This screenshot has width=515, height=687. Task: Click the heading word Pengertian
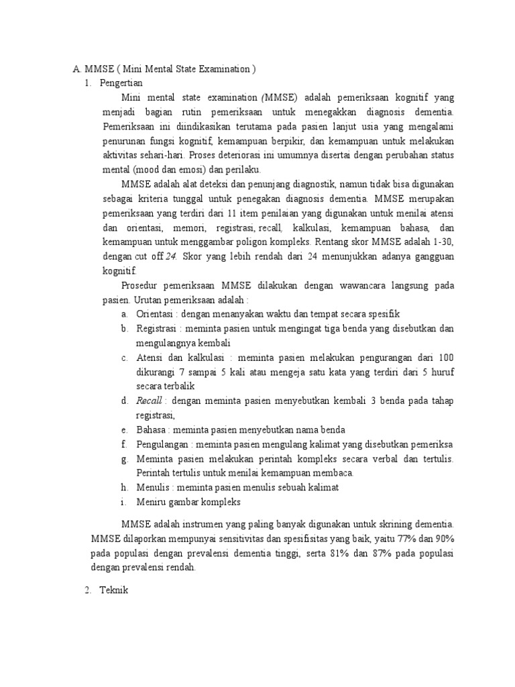pyautogui.click(x=121, y=83)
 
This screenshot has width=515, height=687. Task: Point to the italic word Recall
pyautogui.click(x=150, y=401)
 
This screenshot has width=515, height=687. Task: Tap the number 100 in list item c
pyautogui.click(x=445, y=358)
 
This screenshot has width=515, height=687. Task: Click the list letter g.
pyautogui.click(x=125, y=459)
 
